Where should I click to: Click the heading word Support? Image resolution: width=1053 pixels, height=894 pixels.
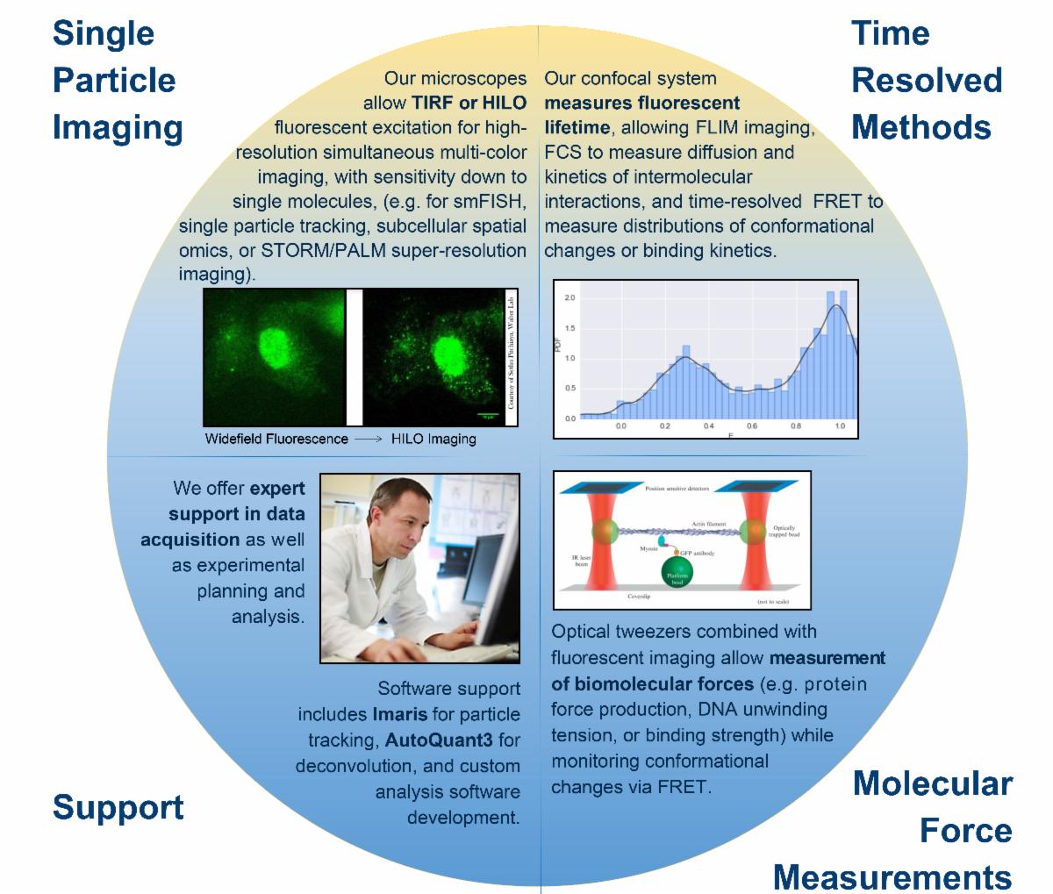[x=118, y=807]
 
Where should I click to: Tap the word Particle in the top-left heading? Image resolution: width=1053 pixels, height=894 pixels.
[x=114, y=80]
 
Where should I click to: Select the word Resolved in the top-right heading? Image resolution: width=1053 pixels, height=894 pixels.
[x=927, y=80]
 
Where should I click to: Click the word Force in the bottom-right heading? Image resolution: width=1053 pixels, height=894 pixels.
[x=965, y=831]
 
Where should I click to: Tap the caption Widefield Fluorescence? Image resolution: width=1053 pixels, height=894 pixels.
[x=276, y=439]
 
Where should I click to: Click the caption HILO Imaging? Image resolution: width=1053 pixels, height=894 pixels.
[x=434, y=439]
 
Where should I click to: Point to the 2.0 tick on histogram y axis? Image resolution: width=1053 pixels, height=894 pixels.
[x=569, y=298]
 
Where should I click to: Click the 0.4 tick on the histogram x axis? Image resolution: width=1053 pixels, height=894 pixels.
[x=708, y=427]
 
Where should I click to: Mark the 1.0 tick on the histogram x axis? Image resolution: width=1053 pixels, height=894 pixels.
[x=840, y=427]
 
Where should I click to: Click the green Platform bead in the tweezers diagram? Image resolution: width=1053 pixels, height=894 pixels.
[x=677, y=575]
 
